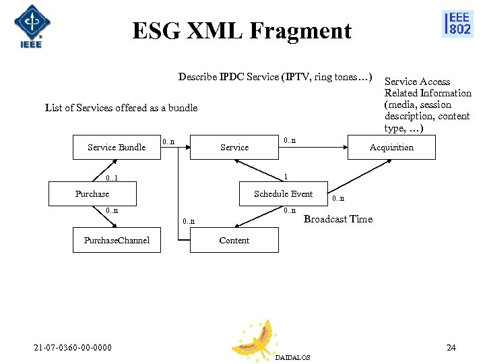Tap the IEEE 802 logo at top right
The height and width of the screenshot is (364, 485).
click(x=457, y=24)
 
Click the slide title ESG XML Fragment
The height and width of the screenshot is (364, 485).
click(x=242, y=31)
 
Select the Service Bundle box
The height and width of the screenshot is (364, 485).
click(x=117, y=147)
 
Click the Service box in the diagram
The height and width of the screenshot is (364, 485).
click(x=234, y=147)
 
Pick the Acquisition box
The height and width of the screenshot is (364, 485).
click(x=391, y=147)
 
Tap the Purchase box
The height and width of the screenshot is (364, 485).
click(x=92, y=194)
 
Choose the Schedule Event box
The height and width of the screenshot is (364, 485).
click(x=283, y=194)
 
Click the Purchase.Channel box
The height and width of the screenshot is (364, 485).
click(x=117, y=240)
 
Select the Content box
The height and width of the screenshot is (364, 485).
click(x=234, y=240)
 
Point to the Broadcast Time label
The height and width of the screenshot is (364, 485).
click(x=337, y=219)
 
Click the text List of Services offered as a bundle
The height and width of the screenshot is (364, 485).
click(x=121, y=108)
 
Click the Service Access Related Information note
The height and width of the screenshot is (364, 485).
click(x=427, y=104)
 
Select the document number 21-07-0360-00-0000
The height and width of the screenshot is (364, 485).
click(x=73, y=348)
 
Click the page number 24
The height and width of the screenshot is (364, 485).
click(x=451, y=348)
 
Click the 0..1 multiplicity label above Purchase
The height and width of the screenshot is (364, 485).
click(x=112, y=179)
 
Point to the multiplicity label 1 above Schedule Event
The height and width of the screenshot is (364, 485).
click(x=286, y=176)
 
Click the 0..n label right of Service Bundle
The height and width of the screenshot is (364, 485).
click(x=169, y=142)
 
